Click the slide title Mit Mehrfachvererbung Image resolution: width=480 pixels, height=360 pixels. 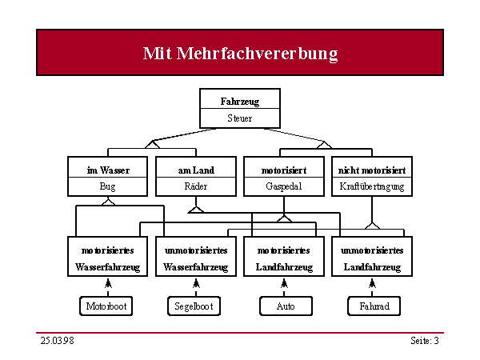240,54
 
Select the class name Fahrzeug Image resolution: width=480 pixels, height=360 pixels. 240,102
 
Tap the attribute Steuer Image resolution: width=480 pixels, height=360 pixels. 240,118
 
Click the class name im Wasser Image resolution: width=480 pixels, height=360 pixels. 108,170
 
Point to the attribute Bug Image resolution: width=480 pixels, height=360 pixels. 107,186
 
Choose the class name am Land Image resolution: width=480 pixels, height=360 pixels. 196,170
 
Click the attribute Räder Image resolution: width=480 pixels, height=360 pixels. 196,186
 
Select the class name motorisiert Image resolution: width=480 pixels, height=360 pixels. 284,170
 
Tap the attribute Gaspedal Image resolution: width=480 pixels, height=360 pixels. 284,186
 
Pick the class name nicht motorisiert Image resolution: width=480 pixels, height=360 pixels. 372,170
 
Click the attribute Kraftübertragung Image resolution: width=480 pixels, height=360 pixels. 372,186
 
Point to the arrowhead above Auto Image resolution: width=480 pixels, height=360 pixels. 284,283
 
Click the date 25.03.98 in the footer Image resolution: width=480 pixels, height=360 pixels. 58,341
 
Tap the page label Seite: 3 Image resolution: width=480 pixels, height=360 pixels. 425,341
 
